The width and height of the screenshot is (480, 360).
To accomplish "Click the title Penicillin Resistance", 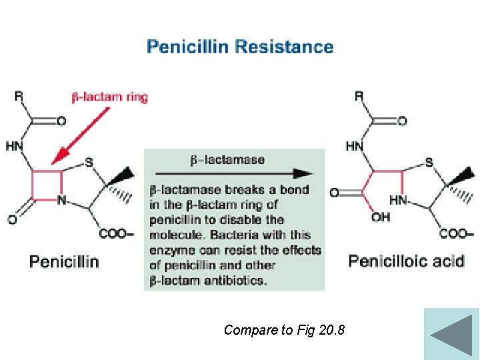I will (240, 47).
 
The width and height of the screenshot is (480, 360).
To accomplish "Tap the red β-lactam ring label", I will (110, 97).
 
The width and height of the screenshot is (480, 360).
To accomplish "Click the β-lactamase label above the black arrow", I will (227, 160).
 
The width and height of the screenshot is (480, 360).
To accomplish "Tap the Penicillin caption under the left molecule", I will (64, 261).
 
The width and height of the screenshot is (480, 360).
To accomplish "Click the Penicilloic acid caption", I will (406, 261).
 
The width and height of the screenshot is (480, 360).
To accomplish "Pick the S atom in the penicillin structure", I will (89, 162).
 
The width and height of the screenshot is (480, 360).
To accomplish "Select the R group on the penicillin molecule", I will (19, 97).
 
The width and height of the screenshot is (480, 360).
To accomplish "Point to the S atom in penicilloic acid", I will (429, 162).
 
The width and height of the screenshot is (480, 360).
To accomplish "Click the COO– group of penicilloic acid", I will (456, 234).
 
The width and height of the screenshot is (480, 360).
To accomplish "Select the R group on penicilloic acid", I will (359, 97).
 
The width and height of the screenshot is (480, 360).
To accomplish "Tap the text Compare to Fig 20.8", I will (285, 329).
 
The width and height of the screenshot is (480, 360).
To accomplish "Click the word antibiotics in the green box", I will (236, 280).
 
